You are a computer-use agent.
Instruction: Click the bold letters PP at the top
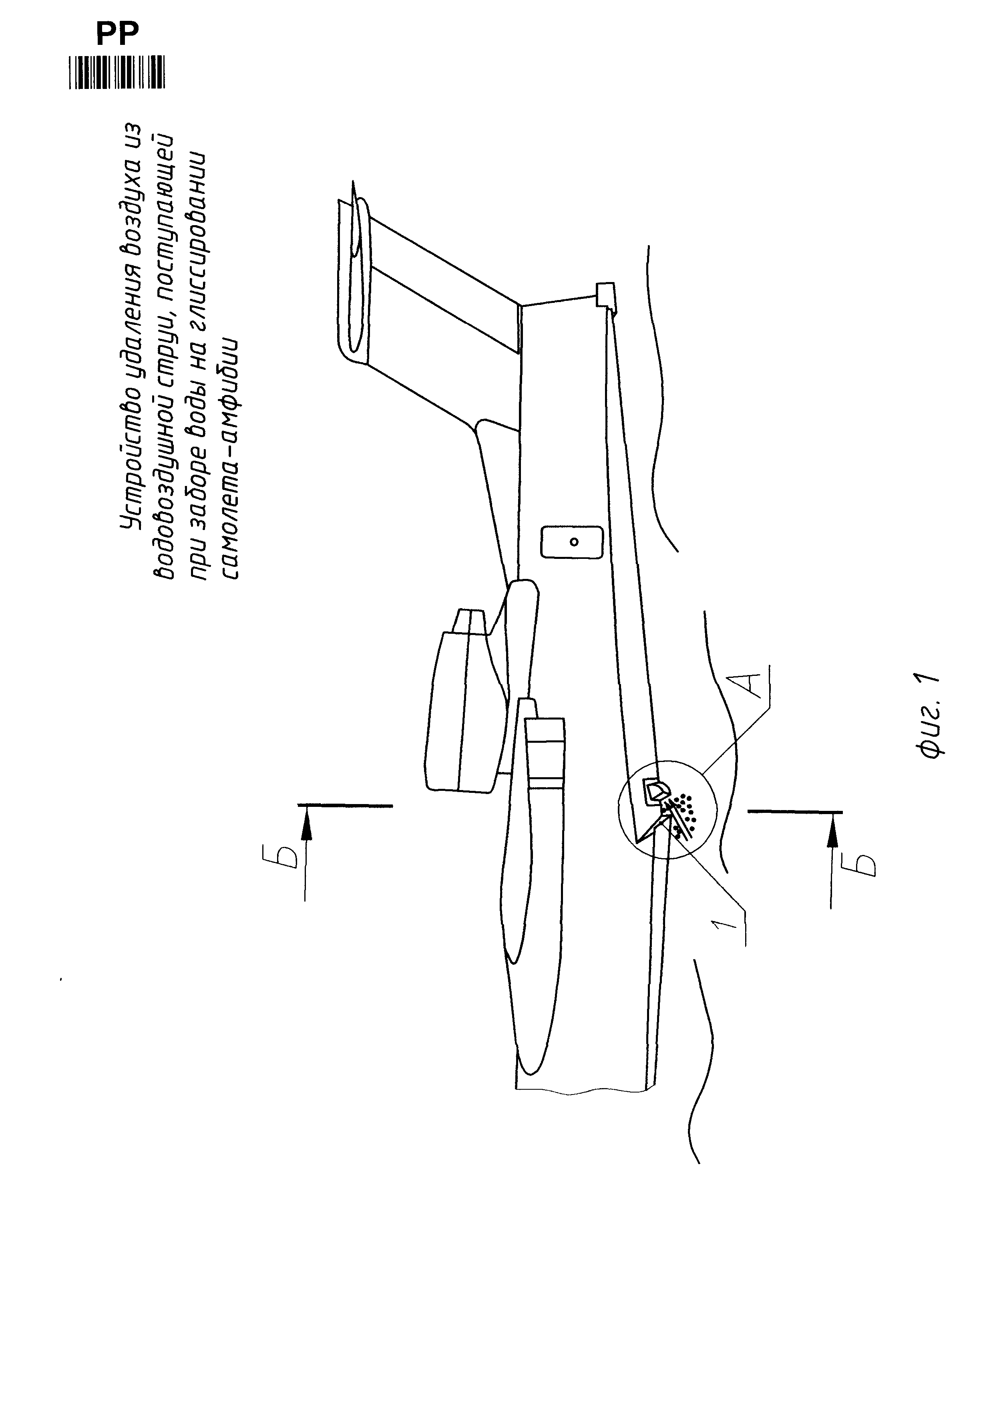coord(117,34)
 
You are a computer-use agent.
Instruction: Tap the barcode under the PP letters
coord(117,73)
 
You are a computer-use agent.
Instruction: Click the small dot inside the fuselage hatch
coord(573,541)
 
